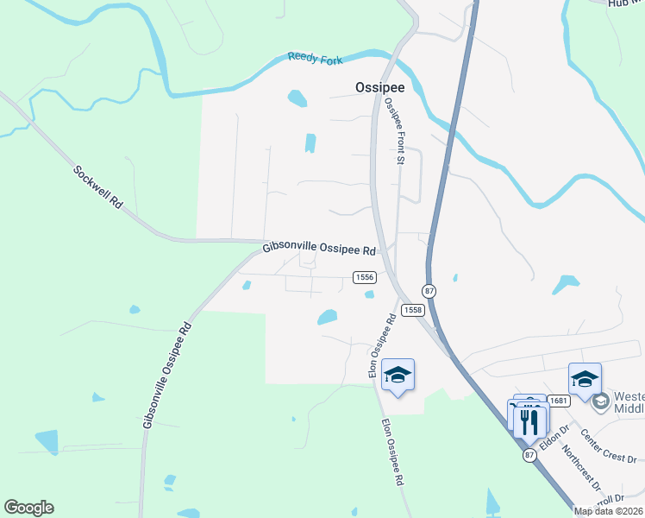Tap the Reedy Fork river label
315,59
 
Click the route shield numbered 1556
365,276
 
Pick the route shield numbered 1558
413,310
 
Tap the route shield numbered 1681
560,400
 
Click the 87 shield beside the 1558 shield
429,291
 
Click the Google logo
28,508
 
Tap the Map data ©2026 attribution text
609,511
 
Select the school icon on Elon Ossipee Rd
398,375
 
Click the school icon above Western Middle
585,379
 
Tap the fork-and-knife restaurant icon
529,420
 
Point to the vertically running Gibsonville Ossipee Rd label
166,376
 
